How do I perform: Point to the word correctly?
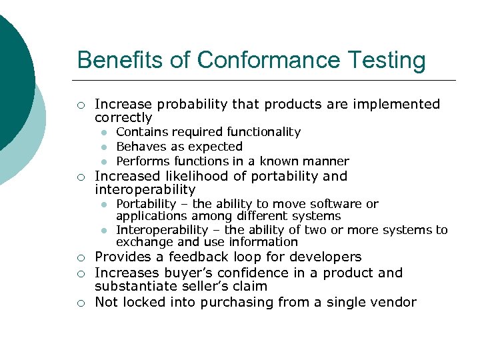point(123,117)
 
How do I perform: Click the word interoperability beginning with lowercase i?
point(145,189)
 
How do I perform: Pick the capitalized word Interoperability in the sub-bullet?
point(162,230)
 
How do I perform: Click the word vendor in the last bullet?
point(395,302)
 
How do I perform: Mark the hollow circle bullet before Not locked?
point(80,303)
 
